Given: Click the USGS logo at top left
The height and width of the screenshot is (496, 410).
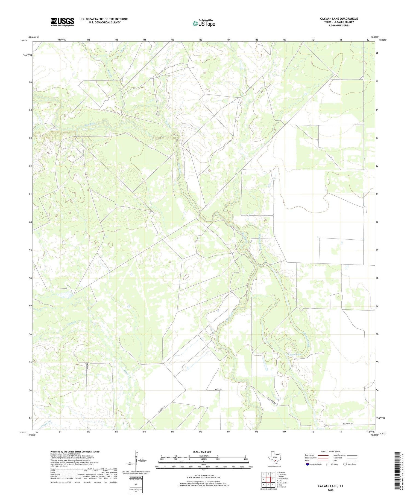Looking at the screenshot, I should pyautogui.click(x=62, y=22).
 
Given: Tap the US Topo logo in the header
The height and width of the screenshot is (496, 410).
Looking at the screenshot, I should pyautogui.click(x=204, y=23).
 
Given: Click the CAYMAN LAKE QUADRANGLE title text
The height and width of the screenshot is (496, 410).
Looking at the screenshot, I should pyautogui.click(x=339, y=19).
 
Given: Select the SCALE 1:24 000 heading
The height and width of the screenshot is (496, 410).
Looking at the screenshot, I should pyautogui.click(x=204, y=452).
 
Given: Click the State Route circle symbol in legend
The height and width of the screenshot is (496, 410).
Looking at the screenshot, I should pyautogui.click(x=345, y=464).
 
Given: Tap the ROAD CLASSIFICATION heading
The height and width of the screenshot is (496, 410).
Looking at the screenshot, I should pyautogui.click(x=331, y=451).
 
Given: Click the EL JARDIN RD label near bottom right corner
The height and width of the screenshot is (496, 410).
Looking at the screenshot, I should pyautogui.click(x=347, y=424).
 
